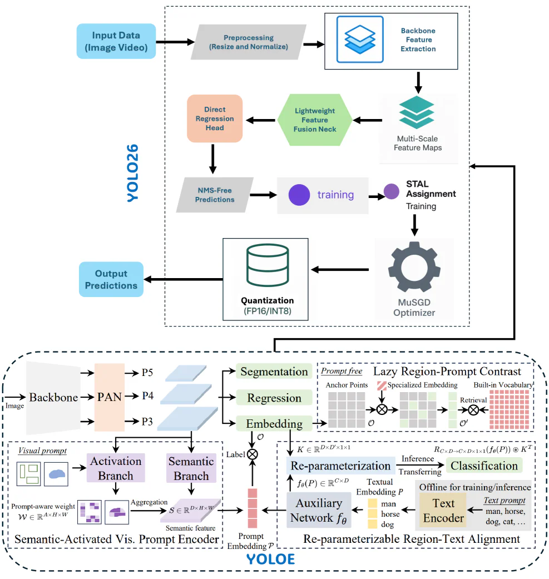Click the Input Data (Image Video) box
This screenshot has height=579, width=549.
coord(116,41)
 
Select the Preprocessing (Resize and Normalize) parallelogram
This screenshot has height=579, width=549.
coord(249,42)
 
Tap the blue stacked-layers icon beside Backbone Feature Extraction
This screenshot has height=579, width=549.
coord(359,35)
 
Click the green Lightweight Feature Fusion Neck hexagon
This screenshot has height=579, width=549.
coord(315,120)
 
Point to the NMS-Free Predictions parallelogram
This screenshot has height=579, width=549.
coord(215,195)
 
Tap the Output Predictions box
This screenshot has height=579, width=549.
coord(111,279)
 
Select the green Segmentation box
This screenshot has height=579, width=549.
coord(274,372)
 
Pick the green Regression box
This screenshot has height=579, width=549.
coord(274,398)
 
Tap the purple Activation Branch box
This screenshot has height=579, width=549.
coord(116,468)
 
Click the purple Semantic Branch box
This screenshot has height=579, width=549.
coord(191,468)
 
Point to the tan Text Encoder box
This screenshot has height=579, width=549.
coord(443,510)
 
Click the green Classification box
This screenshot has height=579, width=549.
coord(484,466)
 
